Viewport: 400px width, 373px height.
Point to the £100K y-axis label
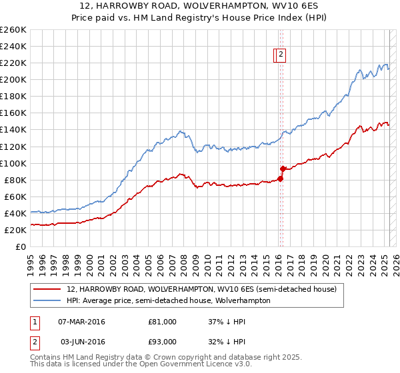pyautogui.click(x=14, y=163)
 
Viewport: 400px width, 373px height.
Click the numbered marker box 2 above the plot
pyautogui.click(x=281, y=55)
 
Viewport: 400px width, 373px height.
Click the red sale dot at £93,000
pyautogui.click(x=283, y=169)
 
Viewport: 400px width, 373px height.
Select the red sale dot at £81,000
pyautogui.click(x=280, y=179)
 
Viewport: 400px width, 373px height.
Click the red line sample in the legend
pyautogui.click(x=47, y=290)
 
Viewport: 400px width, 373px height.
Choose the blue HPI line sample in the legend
pyautogui.click(x=47, y=300)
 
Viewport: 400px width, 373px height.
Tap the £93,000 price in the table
pyautogui.click(x=162, y=341)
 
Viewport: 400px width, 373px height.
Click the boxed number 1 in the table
pyautogui.click(x=33, y=322)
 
